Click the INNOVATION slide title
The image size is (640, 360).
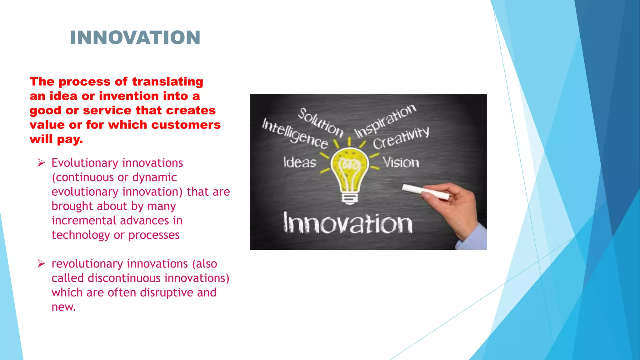pos(135,37)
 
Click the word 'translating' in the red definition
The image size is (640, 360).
pos(167,82)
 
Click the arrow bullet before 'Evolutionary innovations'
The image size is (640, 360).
pos(41,163)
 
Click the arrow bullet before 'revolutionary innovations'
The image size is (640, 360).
pos(41,264)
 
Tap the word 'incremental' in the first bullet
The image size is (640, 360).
pos(84,221)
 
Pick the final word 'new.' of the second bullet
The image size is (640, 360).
pos(64,307)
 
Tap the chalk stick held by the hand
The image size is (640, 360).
pos(425,192)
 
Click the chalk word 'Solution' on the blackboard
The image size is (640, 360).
pos(320,122)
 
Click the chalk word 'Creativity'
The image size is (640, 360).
pos(401,138)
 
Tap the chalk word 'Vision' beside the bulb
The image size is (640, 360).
pos(401,162)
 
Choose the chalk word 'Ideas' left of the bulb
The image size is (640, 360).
pos(300,162)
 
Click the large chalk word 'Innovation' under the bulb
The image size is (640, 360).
pos(348,223)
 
